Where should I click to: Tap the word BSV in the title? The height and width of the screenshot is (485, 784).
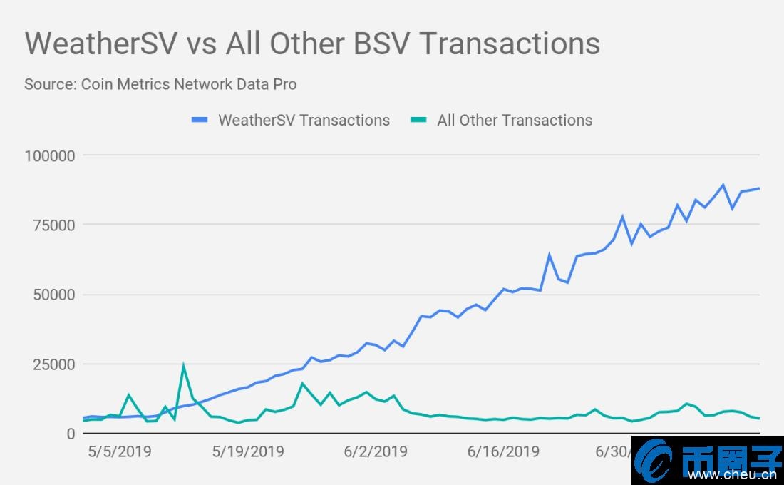coord(381,44)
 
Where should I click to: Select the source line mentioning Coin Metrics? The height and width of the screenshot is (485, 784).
coord(160,84)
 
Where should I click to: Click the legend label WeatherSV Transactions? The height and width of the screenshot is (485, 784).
coord(304,120)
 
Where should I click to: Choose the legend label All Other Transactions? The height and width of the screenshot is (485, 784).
coord(515,120)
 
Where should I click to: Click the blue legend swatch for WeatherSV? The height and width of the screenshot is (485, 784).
coord(202,120)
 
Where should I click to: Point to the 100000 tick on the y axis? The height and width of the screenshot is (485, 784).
coord(49,155)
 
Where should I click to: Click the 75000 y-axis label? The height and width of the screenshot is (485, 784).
coord(53,225)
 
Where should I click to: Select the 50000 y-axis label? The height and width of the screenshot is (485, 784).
coord(53,295)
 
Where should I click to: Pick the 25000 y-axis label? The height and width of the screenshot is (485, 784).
coord(53,364)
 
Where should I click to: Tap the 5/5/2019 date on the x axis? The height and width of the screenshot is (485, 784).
coord(120,451)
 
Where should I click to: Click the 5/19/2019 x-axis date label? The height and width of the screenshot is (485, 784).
coord(248,451)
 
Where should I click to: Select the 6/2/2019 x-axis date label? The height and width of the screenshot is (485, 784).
coord(376,451)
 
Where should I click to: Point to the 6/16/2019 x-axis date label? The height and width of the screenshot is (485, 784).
coord(503,451)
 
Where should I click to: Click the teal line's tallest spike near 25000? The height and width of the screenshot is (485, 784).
coord(183,366)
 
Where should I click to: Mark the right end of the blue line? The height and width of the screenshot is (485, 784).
coord(759,188)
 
